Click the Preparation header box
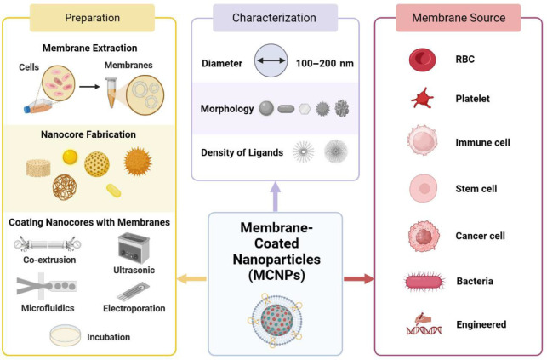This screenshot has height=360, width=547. [x=92, y=18]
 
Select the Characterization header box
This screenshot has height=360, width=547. [x=274, y=18]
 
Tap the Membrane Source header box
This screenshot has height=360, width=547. [x=459, y=18]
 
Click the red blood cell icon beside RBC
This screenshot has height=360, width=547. [x=422, y=60]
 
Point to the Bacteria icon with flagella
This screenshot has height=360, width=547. [x=423, y=281]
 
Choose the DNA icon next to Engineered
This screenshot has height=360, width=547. [x=423, y=324]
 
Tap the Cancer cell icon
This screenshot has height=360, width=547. [x=423, y=235]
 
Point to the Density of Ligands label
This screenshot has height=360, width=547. [x=241, y=151]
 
